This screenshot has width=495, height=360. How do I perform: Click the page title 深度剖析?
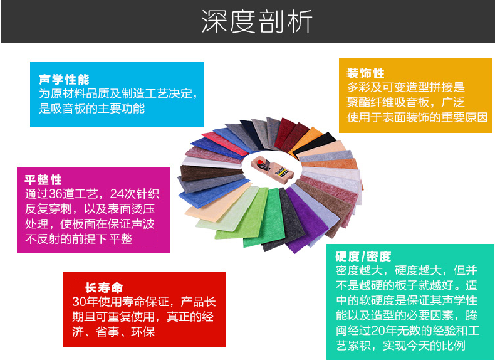[x=257, y=21]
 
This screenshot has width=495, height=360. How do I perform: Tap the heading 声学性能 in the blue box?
[x=64, y=79]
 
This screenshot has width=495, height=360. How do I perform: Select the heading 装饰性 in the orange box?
[x=365, y=73]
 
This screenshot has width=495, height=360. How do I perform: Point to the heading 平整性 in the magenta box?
[x=43, y=180]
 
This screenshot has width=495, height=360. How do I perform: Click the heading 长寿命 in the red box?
[x=104, y=287]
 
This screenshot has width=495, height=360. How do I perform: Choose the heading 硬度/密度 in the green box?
[x=363, y=256]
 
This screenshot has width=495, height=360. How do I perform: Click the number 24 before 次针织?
[x=117, y=194]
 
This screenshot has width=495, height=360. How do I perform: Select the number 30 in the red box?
[x=79, y=302]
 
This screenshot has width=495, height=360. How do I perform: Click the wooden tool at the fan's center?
[x=272, y=169]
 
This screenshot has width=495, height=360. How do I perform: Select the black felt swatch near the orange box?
[x=314, y=144]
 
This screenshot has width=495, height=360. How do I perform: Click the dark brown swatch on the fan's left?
[x=212, y=173]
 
